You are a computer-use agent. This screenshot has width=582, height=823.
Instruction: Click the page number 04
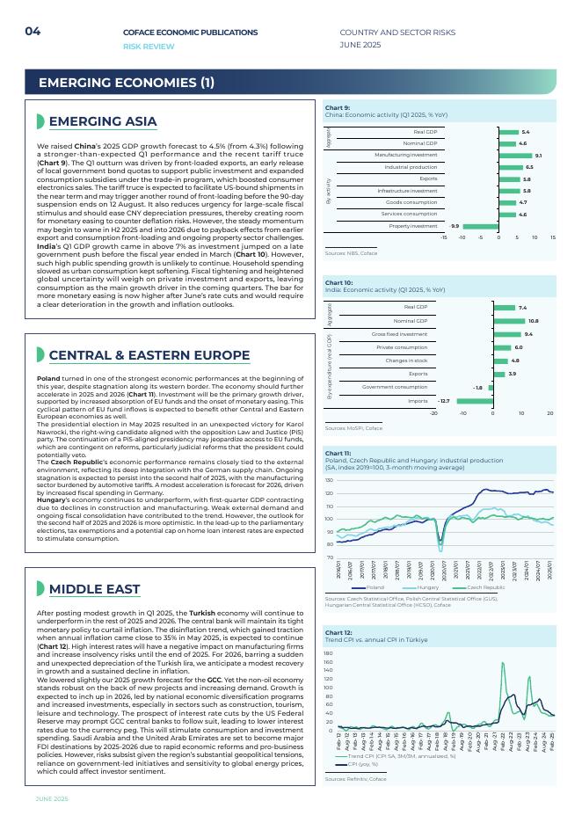33,32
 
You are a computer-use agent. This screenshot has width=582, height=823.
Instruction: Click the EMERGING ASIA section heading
103,121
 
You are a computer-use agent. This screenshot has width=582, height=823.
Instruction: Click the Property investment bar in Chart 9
480,226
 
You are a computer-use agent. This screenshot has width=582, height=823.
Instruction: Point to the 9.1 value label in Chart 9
538,155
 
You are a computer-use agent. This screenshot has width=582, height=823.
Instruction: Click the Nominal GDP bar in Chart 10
508,321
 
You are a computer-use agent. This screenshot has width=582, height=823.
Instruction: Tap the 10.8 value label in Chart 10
533,321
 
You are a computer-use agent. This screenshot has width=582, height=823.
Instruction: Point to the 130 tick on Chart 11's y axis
329,481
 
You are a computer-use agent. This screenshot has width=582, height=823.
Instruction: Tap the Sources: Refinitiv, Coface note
355,779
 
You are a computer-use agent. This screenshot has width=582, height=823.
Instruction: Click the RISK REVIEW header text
149,46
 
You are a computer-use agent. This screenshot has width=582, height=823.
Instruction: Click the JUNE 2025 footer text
52,798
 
